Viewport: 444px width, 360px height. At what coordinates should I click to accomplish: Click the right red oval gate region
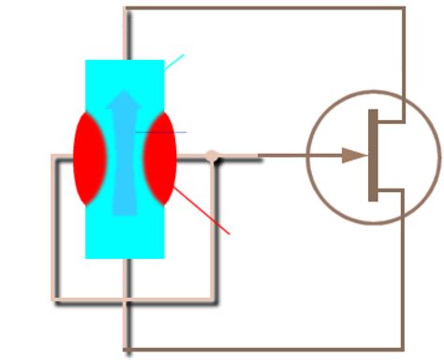click(x=161, y=157)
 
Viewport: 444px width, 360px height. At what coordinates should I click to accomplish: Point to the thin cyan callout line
click(x=174, y=62)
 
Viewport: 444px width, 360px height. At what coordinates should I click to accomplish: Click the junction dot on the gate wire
click(x=213, y=157)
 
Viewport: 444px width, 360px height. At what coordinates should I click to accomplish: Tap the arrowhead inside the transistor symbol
click(x=353, y=156)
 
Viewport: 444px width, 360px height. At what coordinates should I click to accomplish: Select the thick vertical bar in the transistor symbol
click(x=373, y=156)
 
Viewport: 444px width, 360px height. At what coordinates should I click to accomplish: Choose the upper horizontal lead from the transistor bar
click(x=389, y=121)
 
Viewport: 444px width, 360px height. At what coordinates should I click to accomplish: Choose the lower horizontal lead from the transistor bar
click(x=389, y=189)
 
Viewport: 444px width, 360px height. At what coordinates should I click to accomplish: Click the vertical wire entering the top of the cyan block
click(x=126, y=34)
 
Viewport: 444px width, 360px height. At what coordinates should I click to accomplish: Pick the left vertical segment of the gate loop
click(x=54, y=230)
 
